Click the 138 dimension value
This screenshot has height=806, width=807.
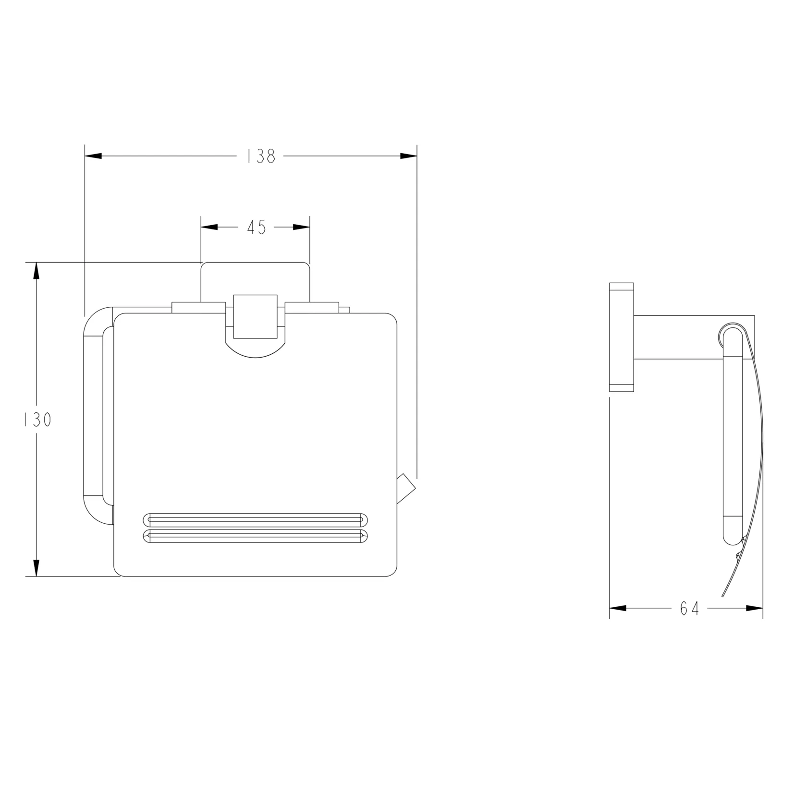[261, 156]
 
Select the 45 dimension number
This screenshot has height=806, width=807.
[257, 228]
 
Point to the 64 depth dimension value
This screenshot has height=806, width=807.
[689, 608]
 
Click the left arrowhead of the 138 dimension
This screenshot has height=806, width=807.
[93, 156]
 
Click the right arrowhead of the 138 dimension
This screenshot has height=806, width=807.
[408, 156]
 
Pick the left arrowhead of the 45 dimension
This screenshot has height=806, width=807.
[209, 228]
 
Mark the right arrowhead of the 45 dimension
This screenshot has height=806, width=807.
[301, 228]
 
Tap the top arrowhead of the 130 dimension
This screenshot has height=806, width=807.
[36, 271]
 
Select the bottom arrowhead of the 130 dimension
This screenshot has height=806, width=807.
[36, 568]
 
